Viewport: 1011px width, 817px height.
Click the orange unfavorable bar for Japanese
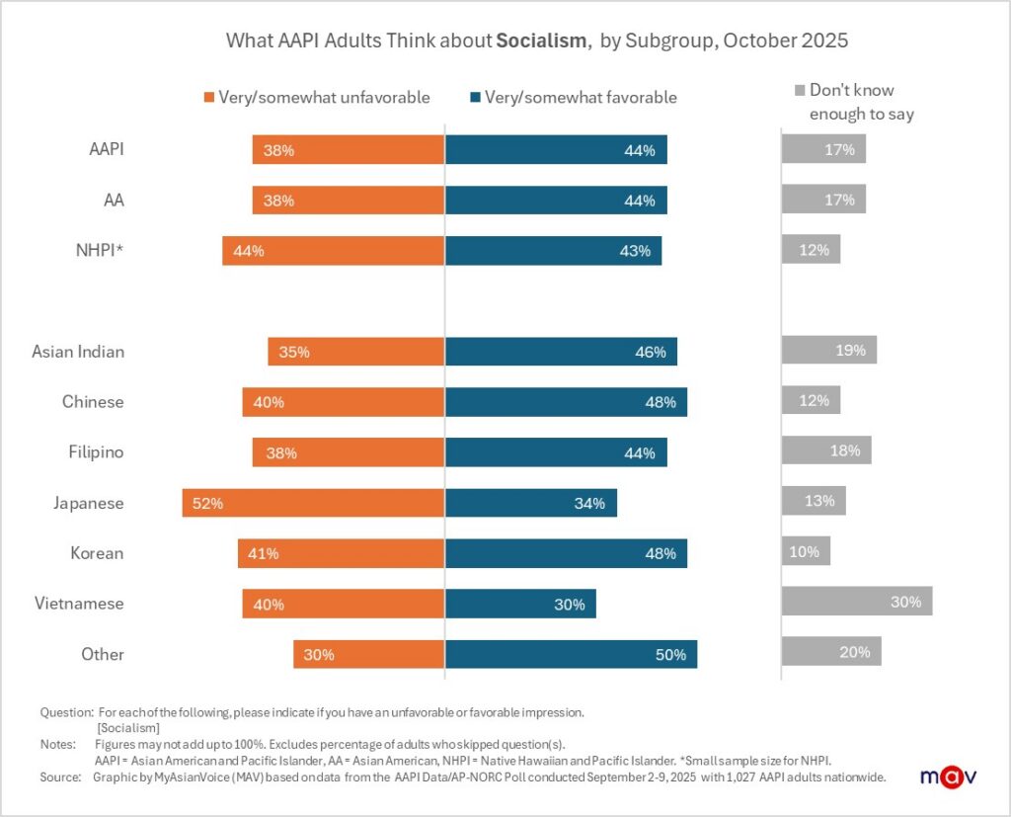click(x=313, y=502)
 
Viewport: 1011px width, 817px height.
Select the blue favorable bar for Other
click(x=571, y=653)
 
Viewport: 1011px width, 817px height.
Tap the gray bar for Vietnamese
click(x=856, y=602)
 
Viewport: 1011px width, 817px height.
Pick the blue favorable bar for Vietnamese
click(x=520, y=604)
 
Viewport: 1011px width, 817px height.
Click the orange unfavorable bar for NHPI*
click(x=333, y=250)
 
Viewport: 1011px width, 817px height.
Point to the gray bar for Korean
click(x=806, y=551)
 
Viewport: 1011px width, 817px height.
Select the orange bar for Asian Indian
click(x=355, y=351)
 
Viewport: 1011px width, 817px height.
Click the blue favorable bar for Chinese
click(x=566, y=401)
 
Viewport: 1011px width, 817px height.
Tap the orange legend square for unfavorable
click(x=208, y=98)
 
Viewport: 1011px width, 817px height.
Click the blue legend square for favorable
click(x=475, y=98)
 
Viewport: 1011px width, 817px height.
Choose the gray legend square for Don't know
click(x=800, y=91)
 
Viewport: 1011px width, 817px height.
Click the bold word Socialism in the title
click(x=542, y=41)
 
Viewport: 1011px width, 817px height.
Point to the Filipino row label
click(x=93, y=451)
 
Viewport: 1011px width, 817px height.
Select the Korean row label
click(x=97, y=552)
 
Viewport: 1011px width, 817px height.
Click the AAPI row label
click(x=106, y=150)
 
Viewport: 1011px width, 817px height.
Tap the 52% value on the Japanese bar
click(x=207, y=503)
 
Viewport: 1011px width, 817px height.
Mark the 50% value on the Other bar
click(x=670, y=654)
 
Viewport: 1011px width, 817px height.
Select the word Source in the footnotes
click(x=59, y=776)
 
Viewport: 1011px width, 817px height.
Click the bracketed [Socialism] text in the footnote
click(x=128, y=727)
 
